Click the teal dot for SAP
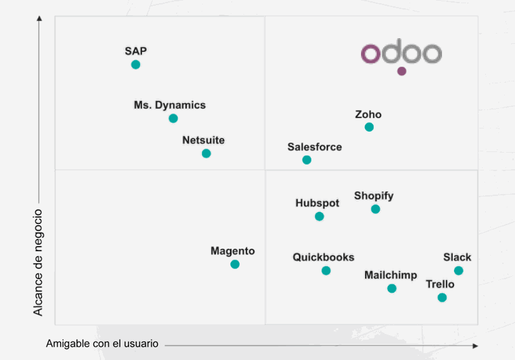tap(135, 65)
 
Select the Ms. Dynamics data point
tap(173, 118)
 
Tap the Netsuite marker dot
tap(206, 153)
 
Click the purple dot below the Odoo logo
tap(402, 71)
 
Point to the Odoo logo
tap(401, 53)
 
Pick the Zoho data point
tap(369, 127)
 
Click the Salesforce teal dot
tap(306, 160)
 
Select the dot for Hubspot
tap(319, 216)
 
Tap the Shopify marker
tap(375, 209)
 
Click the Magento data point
tap(235, 264)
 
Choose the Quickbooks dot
tap(326, 270)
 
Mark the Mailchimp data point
tap(392, 288)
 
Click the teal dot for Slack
tap(458, 270)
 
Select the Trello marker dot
tap(442, 297)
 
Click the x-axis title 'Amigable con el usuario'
tap(102, 343)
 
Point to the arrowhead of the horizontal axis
tap(475, 345)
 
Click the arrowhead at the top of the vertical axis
tap(39, 19)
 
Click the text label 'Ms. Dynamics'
tap(170, 105)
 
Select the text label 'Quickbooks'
tap(323, 258)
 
